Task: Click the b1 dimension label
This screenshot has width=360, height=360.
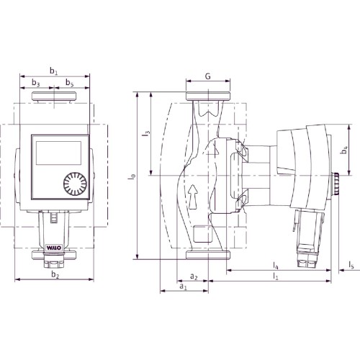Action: click(x=53, y=71)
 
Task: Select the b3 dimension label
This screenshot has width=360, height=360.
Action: click(x=36, y=83)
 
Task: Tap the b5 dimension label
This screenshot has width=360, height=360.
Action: click(x=70, y=83)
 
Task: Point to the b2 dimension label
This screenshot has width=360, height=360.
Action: click(x=55, y=275)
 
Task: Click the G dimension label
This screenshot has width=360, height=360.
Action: click(x=208, y=76)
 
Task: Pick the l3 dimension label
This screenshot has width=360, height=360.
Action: click(x=147, y=133)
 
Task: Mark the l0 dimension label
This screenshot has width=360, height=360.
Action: click(x=132, y=176)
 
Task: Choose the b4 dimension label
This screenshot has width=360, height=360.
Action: click(x=344, y=150)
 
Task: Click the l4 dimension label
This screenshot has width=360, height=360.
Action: click(x=276, y=266)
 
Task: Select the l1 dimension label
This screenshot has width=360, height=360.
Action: click(x=276, y=276)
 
